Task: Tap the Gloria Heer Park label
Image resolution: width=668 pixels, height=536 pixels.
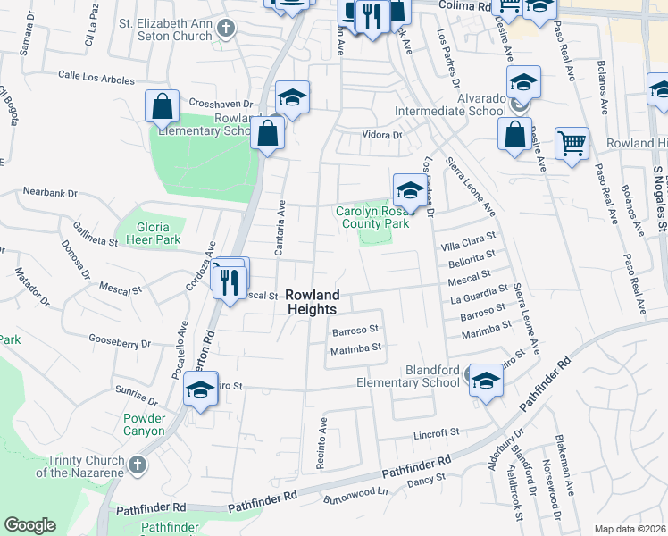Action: pos(147,232)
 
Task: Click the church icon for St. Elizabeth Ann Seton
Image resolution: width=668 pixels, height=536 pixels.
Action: pos(226,28)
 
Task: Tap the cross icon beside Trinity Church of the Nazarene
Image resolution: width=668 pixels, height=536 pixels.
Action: pos(136,465)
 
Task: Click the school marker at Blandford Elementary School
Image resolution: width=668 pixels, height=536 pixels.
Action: pos(485,380)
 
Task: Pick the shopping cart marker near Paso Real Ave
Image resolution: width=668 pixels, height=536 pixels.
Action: pos(572,142)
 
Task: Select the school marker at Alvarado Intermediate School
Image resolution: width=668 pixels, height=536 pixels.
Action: pos(523,82)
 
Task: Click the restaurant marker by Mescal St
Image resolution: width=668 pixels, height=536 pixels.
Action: pos(230,281)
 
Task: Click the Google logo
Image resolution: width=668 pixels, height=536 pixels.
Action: pos(29,525)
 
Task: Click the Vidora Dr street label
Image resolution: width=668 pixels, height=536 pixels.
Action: pos(382,135)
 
